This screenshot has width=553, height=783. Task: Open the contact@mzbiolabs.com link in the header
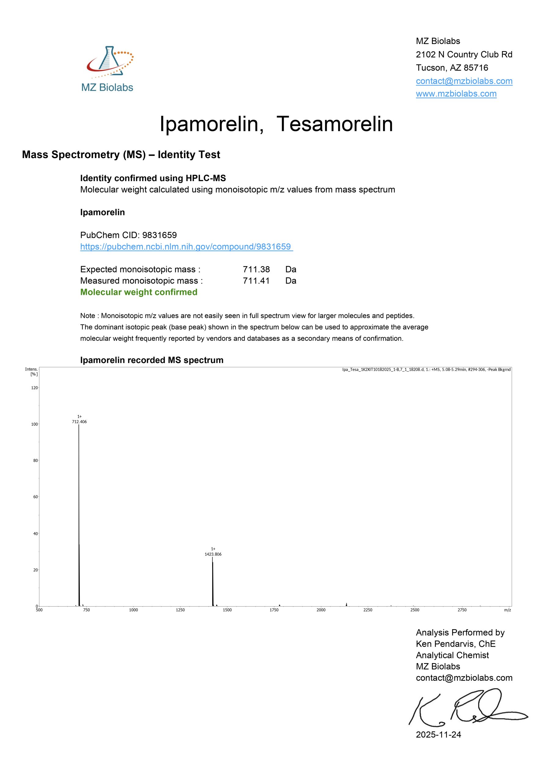tap(464, 81)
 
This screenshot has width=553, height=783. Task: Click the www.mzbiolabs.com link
tap(456, 94)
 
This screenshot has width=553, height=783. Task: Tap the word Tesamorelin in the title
tap(334, 124)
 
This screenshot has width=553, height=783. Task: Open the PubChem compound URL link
tap(186, 247)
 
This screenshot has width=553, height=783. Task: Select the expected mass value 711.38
tap(256, 269)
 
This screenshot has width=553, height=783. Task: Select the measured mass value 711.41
tap(256, 281)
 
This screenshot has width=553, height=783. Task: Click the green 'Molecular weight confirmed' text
tap(139, 292)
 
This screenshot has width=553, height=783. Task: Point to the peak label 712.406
tap(79, 422)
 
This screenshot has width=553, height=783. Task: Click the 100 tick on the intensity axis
tap(35, 424)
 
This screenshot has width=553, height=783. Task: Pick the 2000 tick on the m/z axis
tap(321, 610)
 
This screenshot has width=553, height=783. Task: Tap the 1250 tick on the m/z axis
tap(180, 610)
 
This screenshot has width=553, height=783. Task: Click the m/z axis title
tap(507, 610)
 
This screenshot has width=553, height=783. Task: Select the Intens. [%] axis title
tap(32, 371)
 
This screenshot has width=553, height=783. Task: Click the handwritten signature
tap(467, 709)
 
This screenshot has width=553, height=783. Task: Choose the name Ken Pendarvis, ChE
tap(455, 644)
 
